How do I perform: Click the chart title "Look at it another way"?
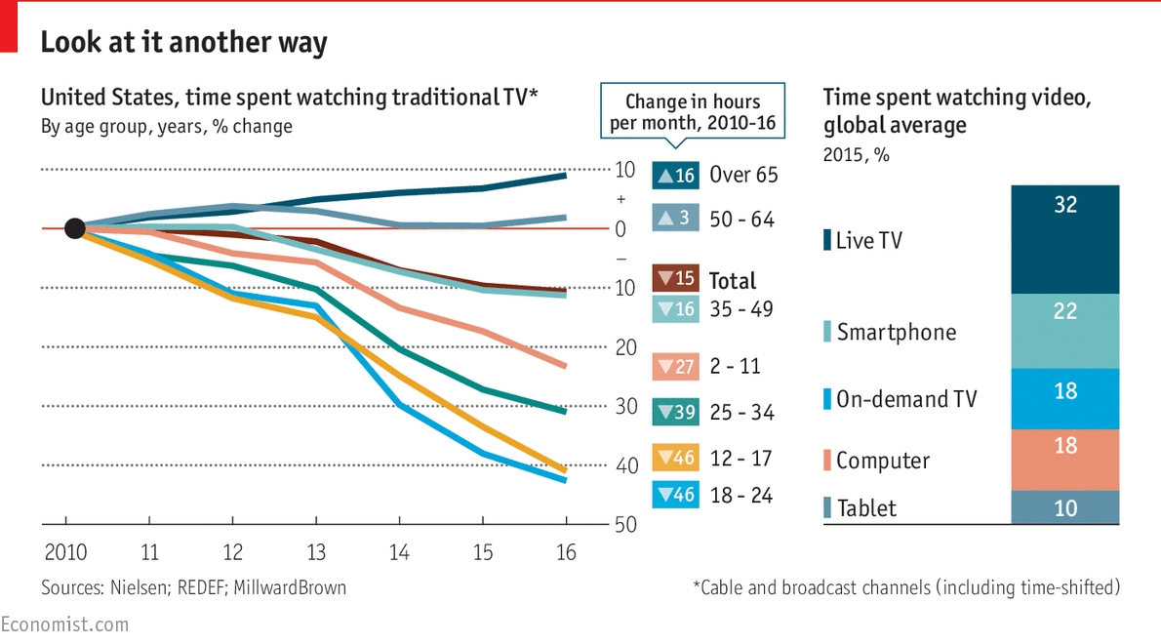pyautogui.click(x=183, y=43)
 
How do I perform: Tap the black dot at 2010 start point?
pyautogui.click(x=74, y=228)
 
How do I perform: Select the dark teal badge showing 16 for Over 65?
pyautogui.click(x=675, y=176)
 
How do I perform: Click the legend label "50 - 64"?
pyautogui.click(x=741, y=220)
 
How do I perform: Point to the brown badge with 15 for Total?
pyautogui.click(x=675, y=279)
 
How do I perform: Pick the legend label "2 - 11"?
pyautogui.click(x=735, y=367)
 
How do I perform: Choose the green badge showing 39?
pyautogui.click(x=675, y=413)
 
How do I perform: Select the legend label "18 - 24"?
pyautogui.click(x=741, y=496)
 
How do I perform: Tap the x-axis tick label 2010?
pyautogui.click(x=65, y=552)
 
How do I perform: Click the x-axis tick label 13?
pyautogui.click(x=317, y=552)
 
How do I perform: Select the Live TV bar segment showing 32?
pyautogui.click(x=1065, y=240)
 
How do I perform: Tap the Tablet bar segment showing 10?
pyautogui.click(x=1065, y=507)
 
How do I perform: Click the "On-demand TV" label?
pyautogui.click(x=906, y=399)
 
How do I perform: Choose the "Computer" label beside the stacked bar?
pyautogui.click(x=883, y=461)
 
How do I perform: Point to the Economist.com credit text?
pyautogui.click(x=64, y=624)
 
